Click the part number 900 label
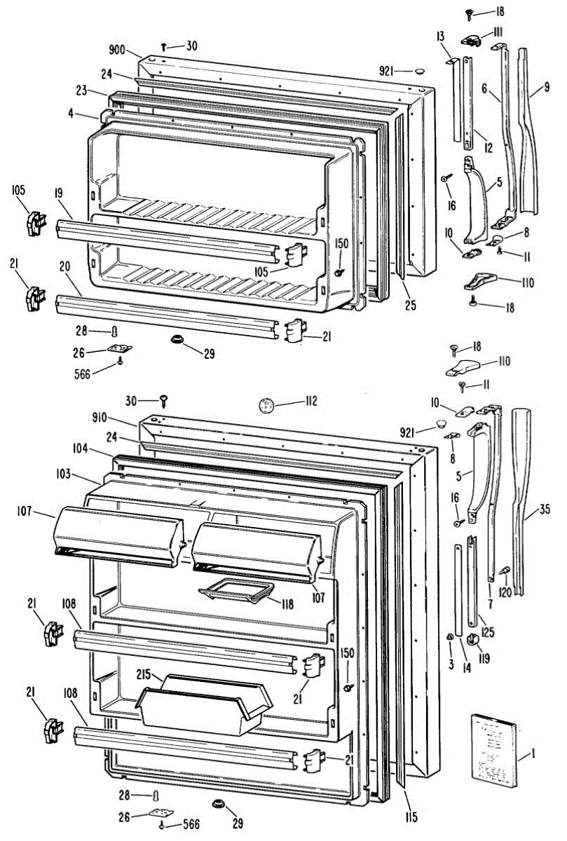[116, 50]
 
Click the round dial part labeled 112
[265, 404]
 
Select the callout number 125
[488, 633]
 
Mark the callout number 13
[440, 36]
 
